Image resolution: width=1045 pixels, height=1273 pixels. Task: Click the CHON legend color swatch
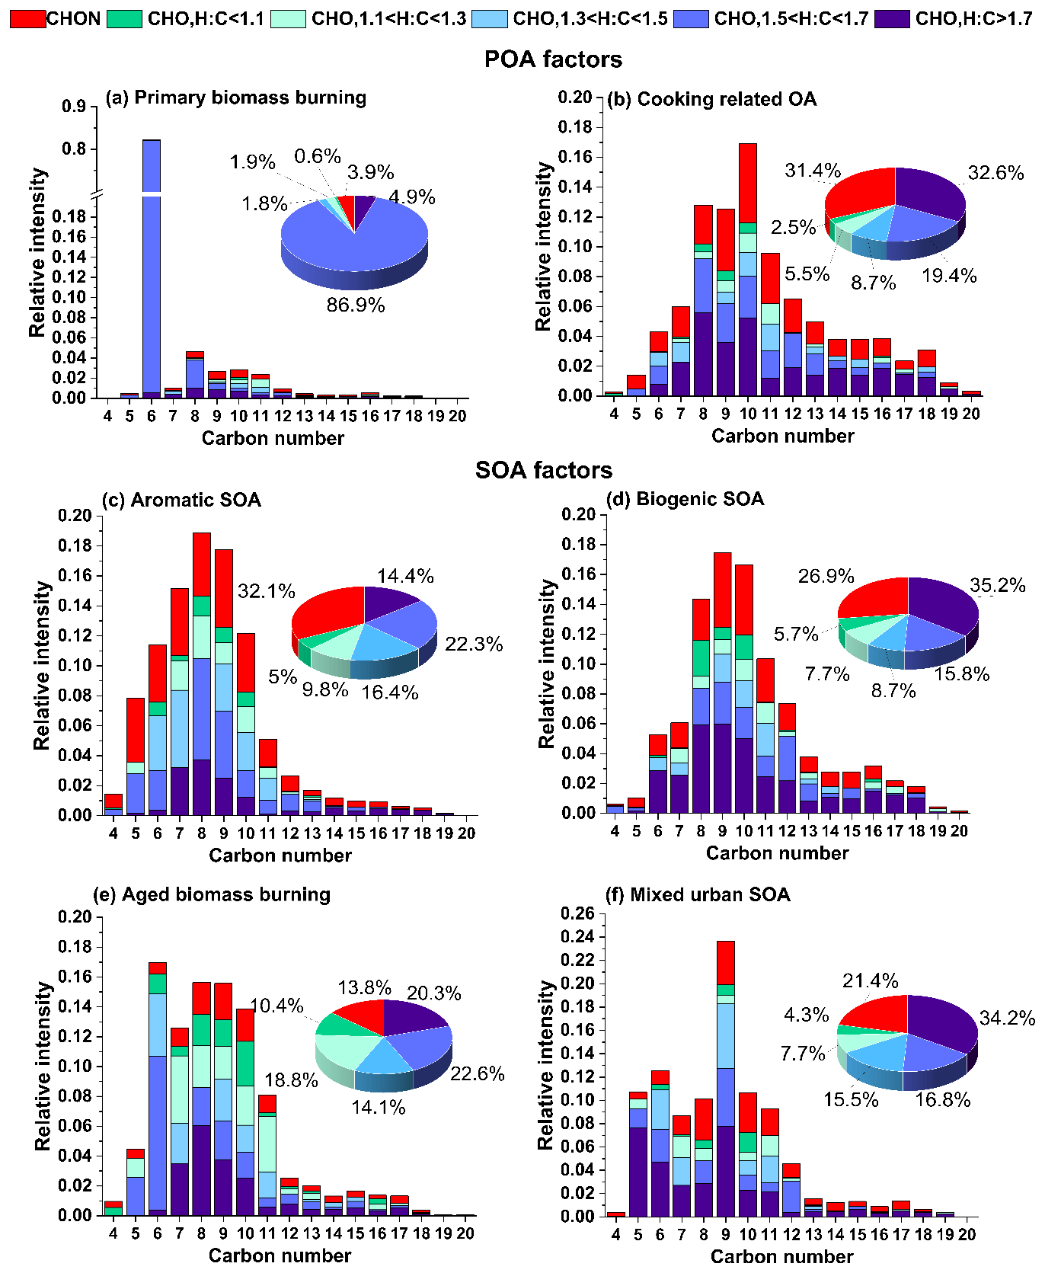tap(27, 18)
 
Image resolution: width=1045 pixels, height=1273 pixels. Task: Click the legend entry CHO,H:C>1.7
tap(973, 18)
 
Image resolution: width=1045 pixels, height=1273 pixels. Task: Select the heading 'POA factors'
tap(553, 59)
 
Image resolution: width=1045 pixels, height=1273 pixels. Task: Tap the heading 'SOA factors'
tap(543, 470)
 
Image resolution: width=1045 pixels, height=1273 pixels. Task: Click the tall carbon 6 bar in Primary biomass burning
tap(152, 267)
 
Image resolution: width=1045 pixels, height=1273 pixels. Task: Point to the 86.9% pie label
tap(356, 305)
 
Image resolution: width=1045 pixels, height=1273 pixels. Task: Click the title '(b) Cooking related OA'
tap(711, 99)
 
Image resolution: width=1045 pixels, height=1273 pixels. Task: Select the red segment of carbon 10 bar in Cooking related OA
tap(748, 183)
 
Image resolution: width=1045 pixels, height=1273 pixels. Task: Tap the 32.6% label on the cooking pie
tap(995, 173)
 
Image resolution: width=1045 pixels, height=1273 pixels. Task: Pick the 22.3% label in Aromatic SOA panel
tap(474, 644)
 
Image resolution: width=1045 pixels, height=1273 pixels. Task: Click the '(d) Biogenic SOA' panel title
tap(685, 499)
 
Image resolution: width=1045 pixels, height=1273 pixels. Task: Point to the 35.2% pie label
tap(997, 586)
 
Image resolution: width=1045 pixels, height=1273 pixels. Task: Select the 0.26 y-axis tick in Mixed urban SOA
tap(578, 913)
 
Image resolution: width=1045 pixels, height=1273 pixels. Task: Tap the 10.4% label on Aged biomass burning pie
tap(276, 1006)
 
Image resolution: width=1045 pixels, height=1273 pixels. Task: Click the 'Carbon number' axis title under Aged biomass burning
tap(280, 1255)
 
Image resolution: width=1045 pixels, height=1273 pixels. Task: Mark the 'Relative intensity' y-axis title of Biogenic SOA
tap(547, 663)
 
